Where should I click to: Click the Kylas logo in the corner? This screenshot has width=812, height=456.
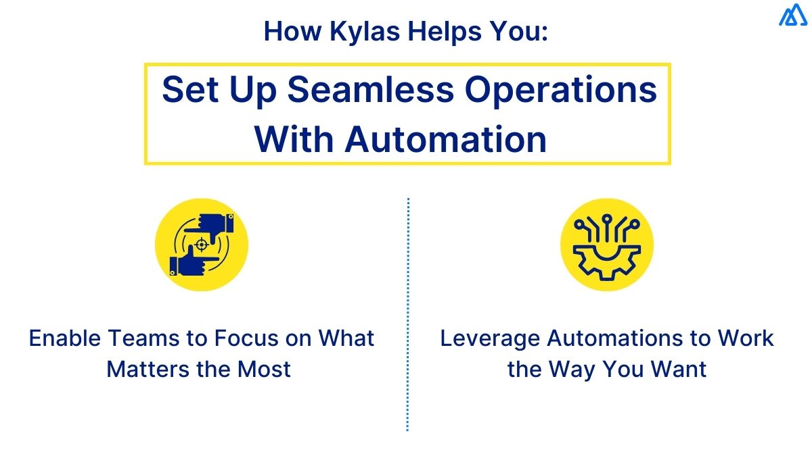(x=793, y=16)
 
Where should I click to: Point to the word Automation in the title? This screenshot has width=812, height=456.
(x=445, y=138)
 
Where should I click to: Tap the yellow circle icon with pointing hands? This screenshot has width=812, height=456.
(x=202, y=245)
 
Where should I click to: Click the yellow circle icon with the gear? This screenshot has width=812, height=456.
(x=607, y=245)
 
